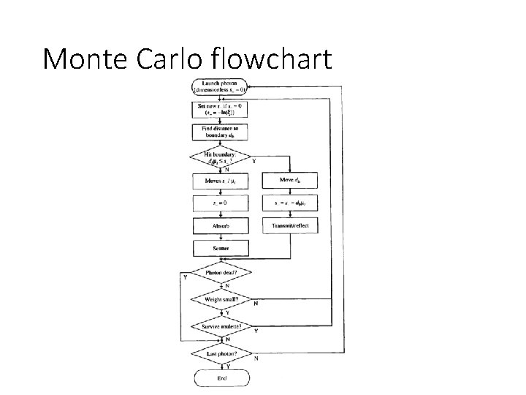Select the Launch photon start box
221,86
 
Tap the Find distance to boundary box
221,132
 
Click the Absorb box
221,226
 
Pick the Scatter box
221,249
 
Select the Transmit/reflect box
290,226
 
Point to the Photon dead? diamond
221,274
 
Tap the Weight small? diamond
221,299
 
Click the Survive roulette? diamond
221,326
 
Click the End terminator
221,378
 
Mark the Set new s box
221,109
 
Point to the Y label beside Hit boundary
254,162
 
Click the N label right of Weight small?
255,304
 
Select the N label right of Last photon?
255,358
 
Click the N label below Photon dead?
227,286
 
